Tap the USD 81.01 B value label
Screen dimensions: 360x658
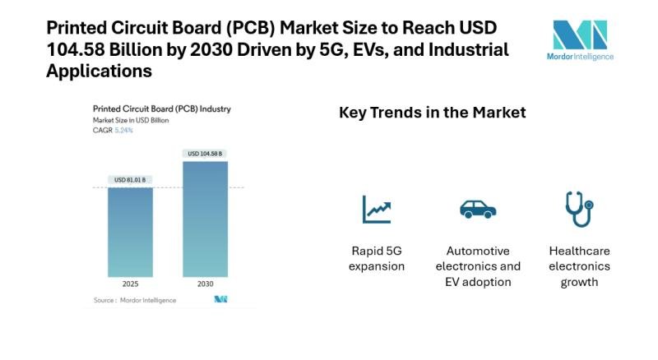[x=130, y=180]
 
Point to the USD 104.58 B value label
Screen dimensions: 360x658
[x=206, y=154]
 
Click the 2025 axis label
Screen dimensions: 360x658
[x=130, y=284]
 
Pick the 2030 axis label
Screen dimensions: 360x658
[x=205, y=284]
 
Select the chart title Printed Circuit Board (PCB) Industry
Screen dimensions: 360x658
[x=149, y=108]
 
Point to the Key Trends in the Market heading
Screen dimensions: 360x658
[x=432, y=112]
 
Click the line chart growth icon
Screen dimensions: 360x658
[x=377, y=209]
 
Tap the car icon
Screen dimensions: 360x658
[x=478, y=209]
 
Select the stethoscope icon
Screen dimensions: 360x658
[x=579, y=209]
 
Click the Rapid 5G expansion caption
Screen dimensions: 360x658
[x=377, y=258]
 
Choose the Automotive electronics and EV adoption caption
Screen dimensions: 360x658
[x=478, y=266]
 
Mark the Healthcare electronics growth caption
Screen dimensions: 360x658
[x=579, y=266]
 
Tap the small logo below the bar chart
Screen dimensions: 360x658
[x=220, y=299]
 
